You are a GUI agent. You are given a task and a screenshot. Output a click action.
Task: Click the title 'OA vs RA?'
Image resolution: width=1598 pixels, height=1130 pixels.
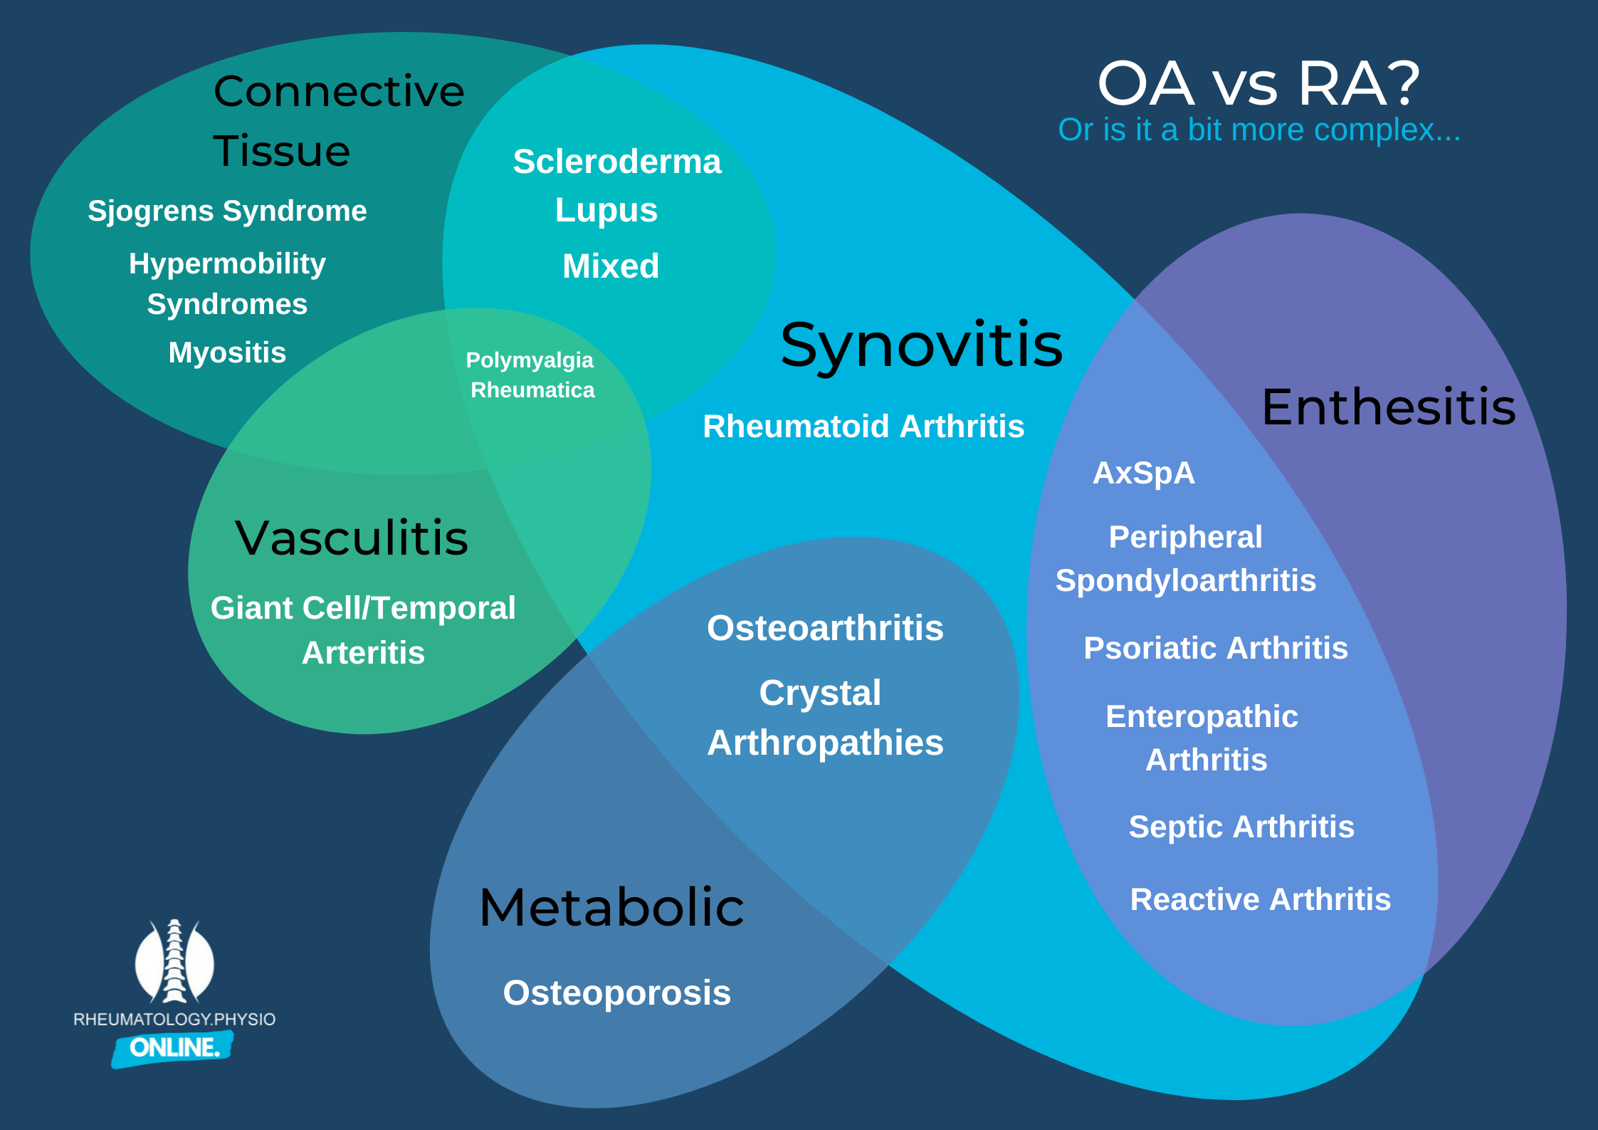pyautogui.click(x=1258, y=84)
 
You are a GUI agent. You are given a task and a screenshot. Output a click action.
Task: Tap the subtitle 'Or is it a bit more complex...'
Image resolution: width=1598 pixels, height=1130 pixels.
pyautogui.click(x=1258, y=130)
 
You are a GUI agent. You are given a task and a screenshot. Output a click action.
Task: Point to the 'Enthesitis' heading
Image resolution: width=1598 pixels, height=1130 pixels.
pyautogui.click(x=1388, y=407)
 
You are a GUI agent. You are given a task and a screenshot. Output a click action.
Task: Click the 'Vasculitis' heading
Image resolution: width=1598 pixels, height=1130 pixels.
pyautogui.click(x=352, y=538)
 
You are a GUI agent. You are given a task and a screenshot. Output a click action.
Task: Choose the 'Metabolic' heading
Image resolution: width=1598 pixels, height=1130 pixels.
pyautogui.click(x=611, y=908)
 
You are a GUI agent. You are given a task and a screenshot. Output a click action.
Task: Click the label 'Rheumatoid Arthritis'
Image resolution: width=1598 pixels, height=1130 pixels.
pyautogui.click(x=863, y=427)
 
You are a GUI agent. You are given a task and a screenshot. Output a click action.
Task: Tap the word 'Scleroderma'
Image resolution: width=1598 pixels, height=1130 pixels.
pyautogui.click(x=616, y=162)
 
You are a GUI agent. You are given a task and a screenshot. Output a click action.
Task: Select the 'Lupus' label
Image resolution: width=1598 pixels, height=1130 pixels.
pyautogui.click(x=606, y=210)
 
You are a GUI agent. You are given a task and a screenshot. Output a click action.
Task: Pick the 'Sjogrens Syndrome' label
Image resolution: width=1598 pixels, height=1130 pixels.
pyautogui.click(x=227, y=211)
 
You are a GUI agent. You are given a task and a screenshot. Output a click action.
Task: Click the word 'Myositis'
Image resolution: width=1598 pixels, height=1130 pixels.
pyautogui.click(x=227, y=352)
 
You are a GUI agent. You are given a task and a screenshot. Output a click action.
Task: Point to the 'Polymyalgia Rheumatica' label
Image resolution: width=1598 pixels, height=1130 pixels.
pyautogui.click(x=531, y=375)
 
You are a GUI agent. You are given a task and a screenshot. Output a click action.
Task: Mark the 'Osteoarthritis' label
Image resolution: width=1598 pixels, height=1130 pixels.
pyautogui.click(x=825, y=628)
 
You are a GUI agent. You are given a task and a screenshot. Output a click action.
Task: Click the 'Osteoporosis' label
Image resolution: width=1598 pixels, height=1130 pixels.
pyautogui.click(x=616, y=993)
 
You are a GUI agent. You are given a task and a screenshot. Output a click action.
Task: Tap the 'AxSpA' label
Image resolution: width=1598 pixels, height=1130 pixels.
pyautogui.click(x=1143, y=474)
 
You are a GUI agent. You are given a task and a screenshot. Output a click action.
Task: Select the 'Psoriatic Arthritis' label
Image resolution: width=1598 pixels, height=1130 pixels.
pyautogui.click(x=1216, y=648)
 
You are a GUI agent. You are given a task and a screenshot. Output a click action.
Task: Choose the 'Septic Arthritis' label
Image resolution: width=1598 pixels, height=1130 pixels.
pyautogui.click(x=1241, y=827)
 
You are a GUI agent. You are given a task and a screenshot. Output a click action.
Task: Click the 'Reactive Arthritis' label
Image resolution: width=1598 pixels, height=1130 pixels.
pyautogui.click(x=1260, y=899)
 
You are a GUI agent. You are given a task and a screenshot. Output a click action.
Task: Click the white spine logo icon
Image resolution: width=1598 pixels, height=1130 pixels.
pyautogui.click(x=174, y=961)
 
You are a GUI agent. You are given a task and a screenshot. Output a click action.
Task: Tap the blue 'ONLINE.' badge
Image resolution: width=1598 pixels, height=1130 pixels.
pyautogui.click(x=173, y=1047)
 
